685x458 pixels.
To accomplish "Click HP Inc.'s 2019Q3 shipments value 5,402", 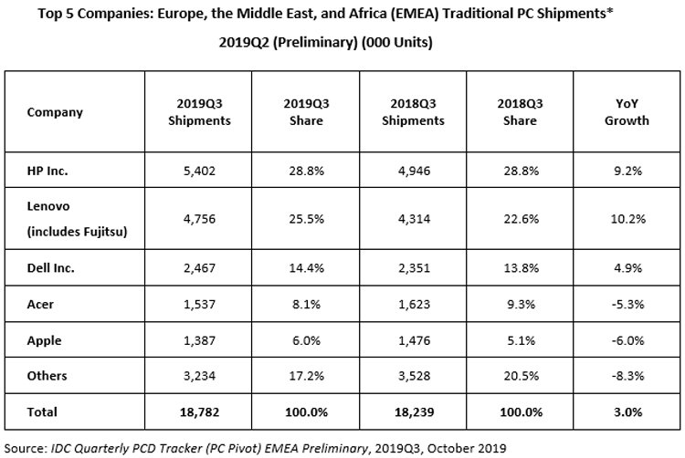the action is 199,171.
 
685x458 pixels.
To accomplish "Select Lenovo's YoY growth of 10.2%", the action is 627,219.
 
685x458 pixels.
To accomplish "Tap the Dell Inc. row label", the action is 50,268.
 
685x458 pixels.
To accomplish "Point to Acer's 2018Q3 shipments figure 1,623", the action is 414,304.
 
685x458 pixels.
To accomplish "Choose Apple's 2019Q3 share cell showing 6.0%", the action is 306,340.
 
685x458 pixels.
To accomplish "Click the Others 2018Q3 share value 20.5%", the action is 521,376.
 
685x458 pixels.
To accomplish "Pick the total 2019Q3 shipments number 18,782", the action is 199,411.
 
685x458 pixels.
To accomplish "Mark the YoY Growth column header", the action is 627,112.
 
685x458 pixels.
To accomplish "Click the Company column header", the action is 55,112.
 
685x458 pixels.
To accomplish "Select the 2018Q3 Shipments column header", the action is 413,112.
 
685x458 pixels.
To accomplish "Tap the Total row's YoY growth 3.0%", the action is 627,411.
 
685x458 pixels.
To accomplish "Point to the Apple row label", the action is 44,340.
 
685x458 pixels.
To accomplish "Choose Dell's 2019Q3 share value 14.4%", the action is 306,268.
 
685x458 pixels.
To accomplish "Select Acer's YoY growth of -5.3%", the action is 627,304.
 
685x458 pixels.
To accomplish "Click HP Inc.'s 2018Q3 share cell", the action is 521,171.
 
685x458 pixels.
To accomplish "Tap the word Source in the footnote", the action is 25,448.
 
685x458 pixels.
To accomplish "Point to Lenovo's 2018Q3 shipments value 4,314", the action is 414,219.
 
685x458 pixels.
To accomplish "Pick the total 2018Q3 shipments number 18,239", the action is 414,411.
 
